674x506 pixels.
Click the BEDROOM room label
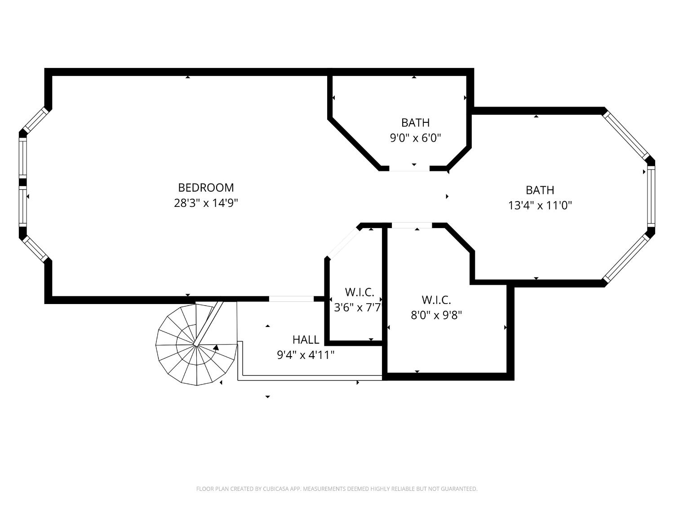206,188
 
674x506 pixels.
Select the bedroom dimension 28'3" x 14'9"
206,203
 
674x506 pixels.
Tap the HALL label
306,340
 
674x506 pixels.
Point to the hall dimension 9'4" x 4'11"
306,355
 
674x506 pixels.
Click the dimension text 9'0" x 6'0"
415,138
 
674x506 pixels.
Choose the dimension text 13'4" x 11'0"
540,206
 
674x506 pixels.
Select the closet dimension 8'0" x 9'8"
436,315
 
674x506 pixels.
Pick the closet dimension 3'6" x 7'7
357,308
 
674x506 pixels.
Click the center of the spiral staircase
196,345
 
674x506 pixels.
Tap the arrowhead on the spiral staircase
216,347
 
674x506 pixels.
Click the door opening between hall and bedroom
291,299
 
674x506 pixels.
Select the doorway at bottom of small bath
409,169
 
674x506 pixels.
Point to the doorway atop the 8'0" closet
412,225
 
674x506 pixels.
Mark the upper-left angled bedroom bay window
35,120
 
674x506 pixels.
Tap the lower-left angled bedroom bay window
35,249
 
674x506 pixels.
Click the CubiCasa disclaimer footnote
337,489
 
